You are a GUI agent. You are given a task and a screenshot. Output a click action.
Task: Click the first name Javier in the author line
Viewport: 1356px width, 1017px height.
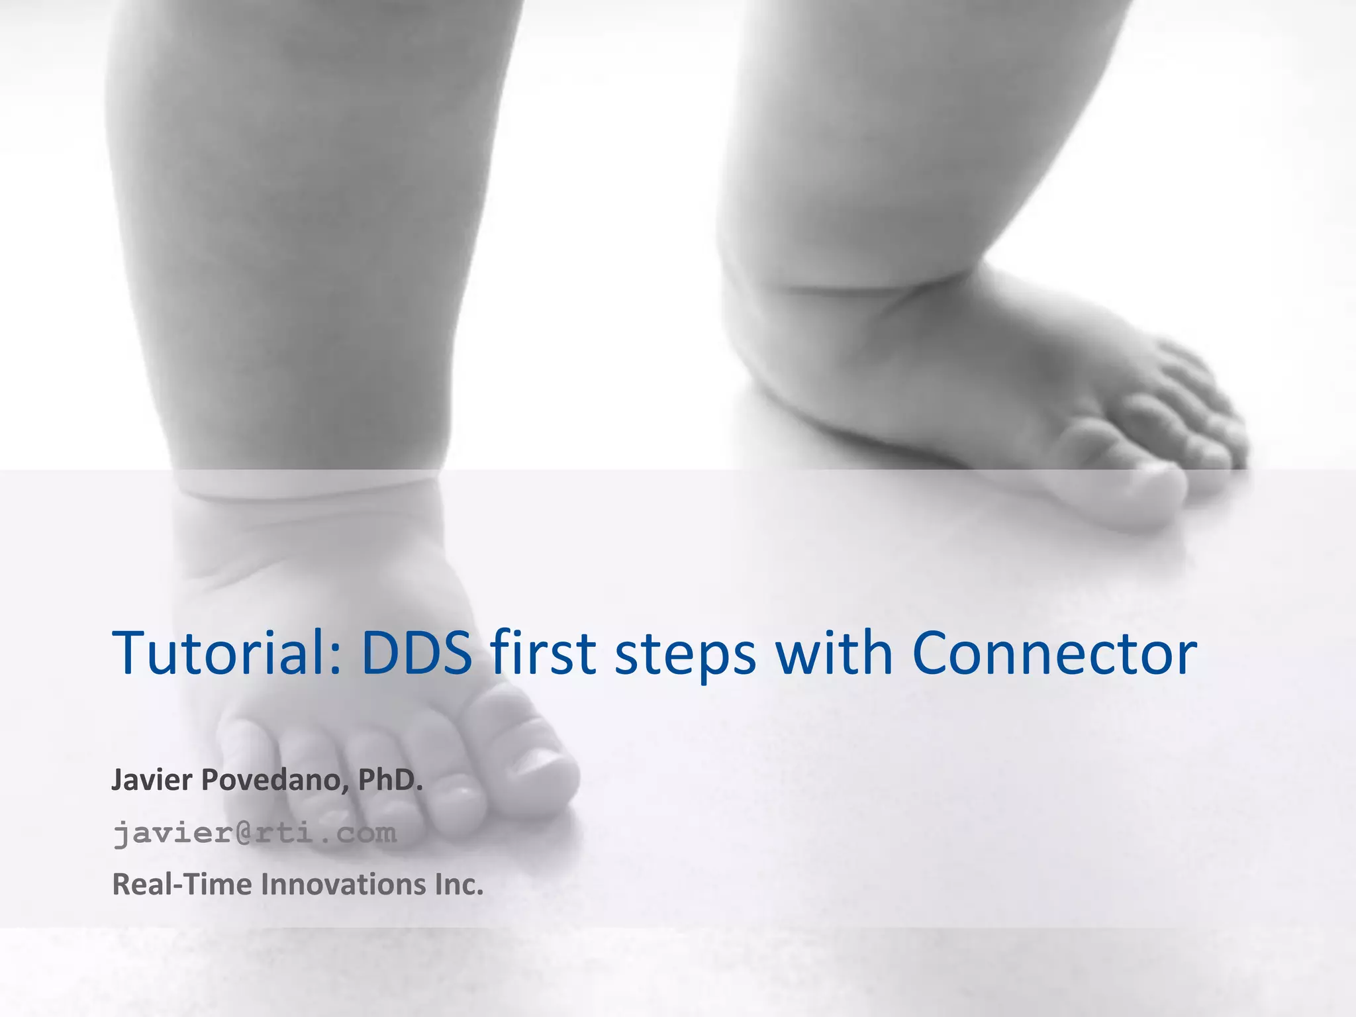point(152,780)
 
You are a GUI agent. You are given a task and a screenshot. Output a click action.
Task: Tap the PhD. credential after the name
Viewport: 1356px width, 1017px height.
point(390,780)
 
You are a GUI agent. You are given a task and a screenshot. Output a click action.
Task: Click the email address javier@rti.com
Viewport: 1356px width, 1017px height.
point(255,833)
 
